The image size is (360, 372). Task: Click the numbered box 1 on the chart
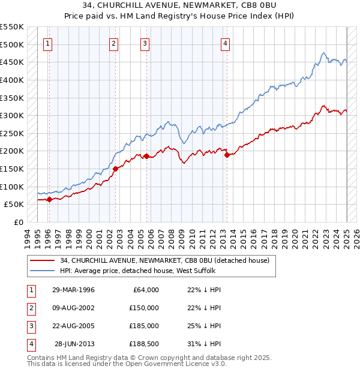[x=47, y=43]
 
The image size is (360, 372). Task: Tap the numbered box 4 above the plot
[x=224, y=43]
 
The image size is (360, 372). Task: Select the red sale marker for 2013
[x=227, y=155]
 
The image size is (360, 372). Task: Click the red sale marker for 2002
[x=115, y=169]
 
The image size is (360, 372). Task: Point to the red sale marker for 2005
[x=146, y=156]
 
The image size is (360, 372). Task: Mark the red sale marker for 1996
[x=49, y=200]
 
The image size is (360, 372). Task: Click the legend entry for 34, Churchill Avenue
[x=165, y=260]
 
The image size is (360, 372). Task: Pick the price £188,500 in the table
[x=144, y=344]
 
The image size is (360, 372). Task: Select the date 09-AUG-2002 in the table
[x=73, y=308]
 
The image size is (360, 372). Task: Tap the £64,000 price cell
[x=144, y=290]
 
